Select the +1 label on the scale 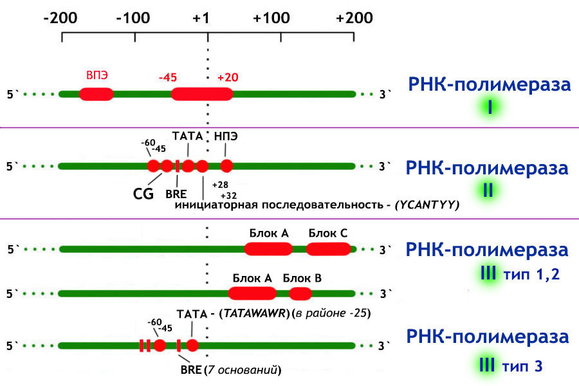pyautogui.click(x=206, y=18)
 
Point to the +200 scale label pyautogui.click(x=354, y=18)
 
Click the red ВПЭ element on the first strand pyautogui.click(x=96, y=95)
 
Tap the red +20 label pyautogui.click(x=228, y=77)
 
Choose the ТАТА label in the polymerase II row pyautogui.click(x=187, y=136)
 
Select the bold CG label pyautogui.click(x=143, y=192)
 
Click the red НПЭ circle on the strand pyautogui.click(x=226, y=166)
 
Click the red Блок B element pyautogui.click(x=300, y=294)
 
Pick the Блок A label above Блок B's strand pyautogui.click(x=252, y=278)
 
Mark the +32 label pyautogui.click(x=228, y=195)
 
